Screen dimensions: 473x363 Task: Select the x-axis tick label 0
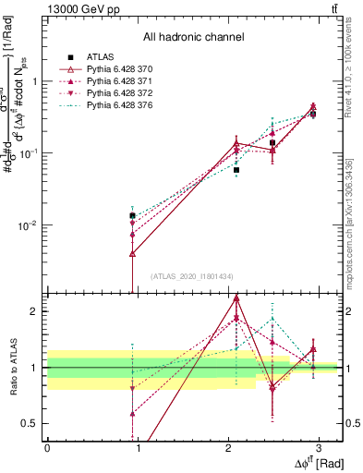(x=47, y=447)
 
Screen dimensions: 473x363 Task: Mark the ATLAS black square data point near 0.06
(x=236, y=170)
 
